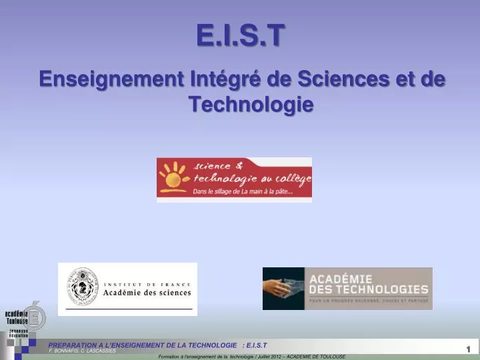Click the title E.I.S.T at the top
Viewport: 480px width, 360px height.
(x=240, y=35)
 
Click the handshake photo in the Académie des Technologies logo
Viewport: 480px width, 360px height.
(x=283, y=289)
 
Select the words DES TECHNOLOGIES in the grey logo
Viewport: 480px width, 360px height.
(x=366, y=289)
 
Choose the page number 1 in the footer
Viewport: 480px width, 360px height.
(x=469, y=349)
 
